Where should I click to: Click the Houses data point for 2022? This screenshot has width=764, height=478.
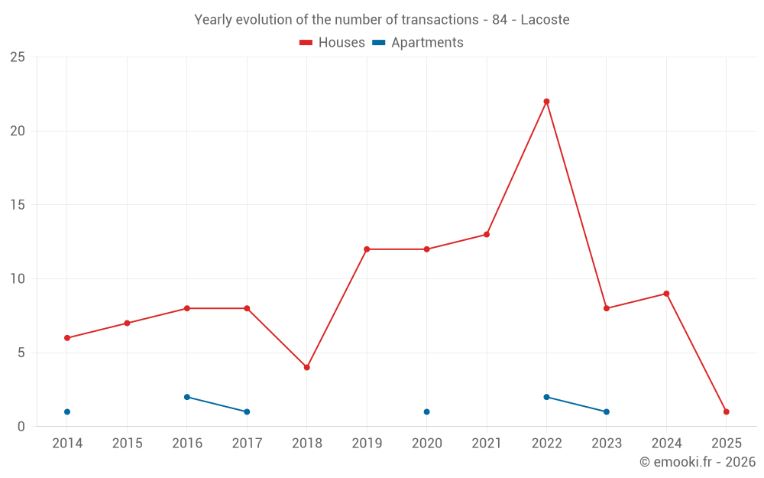pyautogui.click(x=546, y=102)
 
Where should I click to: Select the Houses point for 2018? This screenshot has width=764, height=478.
pyautogui.click(x=306, y=367)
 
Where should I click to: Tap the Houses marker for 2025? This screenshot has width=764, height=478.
pyautogui.click(x=726, y=411)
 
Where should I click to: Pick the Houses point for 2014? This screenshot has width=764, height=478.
pyautogui.click(x=67, y=338)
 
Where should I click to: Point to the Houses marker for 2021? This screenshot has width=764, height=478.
pyautogui.click(x=487, y=235)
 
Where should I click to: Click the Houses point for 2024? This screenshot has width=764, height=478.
pyautogui.click(x=666, y=294)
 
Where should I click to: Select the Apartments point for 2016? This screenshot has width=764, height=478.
pyautogui.click(x=187, y=397)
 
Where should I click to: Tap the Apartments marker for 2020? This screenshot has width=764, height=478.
pyautogui.click(x=426, y=411)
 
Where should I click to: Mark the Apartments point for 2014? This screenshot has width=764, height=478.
pyautogui.click(x=67, y=411)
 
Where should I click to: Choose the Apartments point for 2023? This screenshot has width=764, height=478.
pyautogui.click(x=606, y=411)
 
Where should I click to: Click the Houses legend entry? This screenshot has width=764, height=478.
pyautogui.click(x=332, y=43)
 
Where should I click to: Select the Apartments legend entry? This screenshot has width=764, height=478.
pyautogui.click(x=418, y=43)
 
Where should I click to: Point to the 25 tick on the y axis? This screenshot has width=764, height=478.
pyautogui.click(x=18, y=57)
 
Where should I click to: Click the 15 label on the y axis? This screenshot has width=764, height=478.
pyautogui.click(x=18, y=205)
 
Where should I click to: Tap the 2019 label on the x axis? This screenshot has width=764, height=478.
pyautogui.click(x=367, y=444)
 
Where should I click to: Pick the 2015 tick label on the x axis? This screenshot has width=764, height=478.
pyautogui.click(x=127, y=444)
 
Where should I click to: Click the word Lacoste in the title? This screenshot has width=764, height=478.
pyautogui.click(x=545, y=20)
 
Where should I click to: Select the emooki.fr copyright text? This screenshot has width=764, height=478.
pyautogui.click(x=697, y=462)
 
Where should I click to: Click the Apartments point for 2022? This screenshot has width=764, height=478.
pyautogui.click(x=546, y=397)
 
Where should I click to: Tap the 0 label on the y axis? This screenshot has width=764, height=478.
pyautogui.click(x=21, y=427)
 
